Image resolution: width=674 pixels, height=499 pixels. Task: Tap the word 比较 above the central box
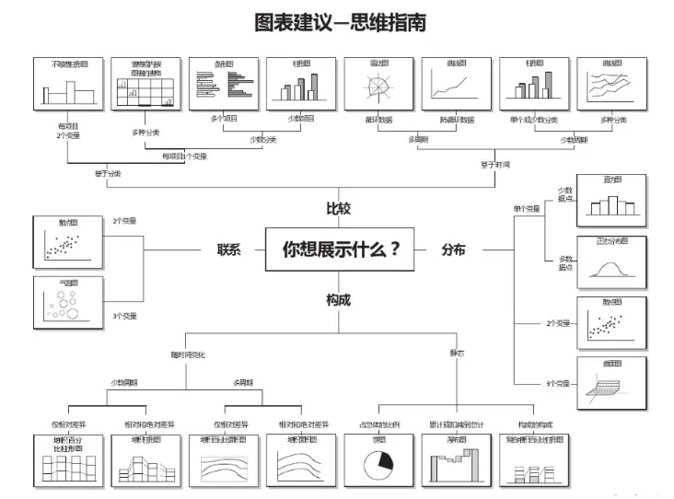click(338, 209)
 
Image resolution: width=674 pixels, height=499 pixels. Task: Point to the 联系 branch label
click(229, 249)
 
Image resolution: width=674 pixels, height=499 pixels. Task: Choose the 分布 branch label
click(453, 249)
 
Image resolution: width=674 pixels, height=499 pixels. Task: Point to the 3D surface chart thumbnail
click(610, 383)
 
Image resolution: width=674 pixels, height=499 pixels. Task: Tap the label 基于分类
click(108, 172)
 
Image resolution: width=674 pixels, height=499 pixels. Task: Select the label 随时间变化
click(188, 354)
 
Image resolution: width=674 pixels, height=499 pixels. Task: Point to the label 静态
click(457, 353)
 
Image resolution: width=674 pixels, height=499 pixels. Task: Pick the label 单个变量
click(527, 209)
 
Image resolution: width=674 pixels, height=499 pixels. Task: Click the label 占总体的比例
click(378, 424)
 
